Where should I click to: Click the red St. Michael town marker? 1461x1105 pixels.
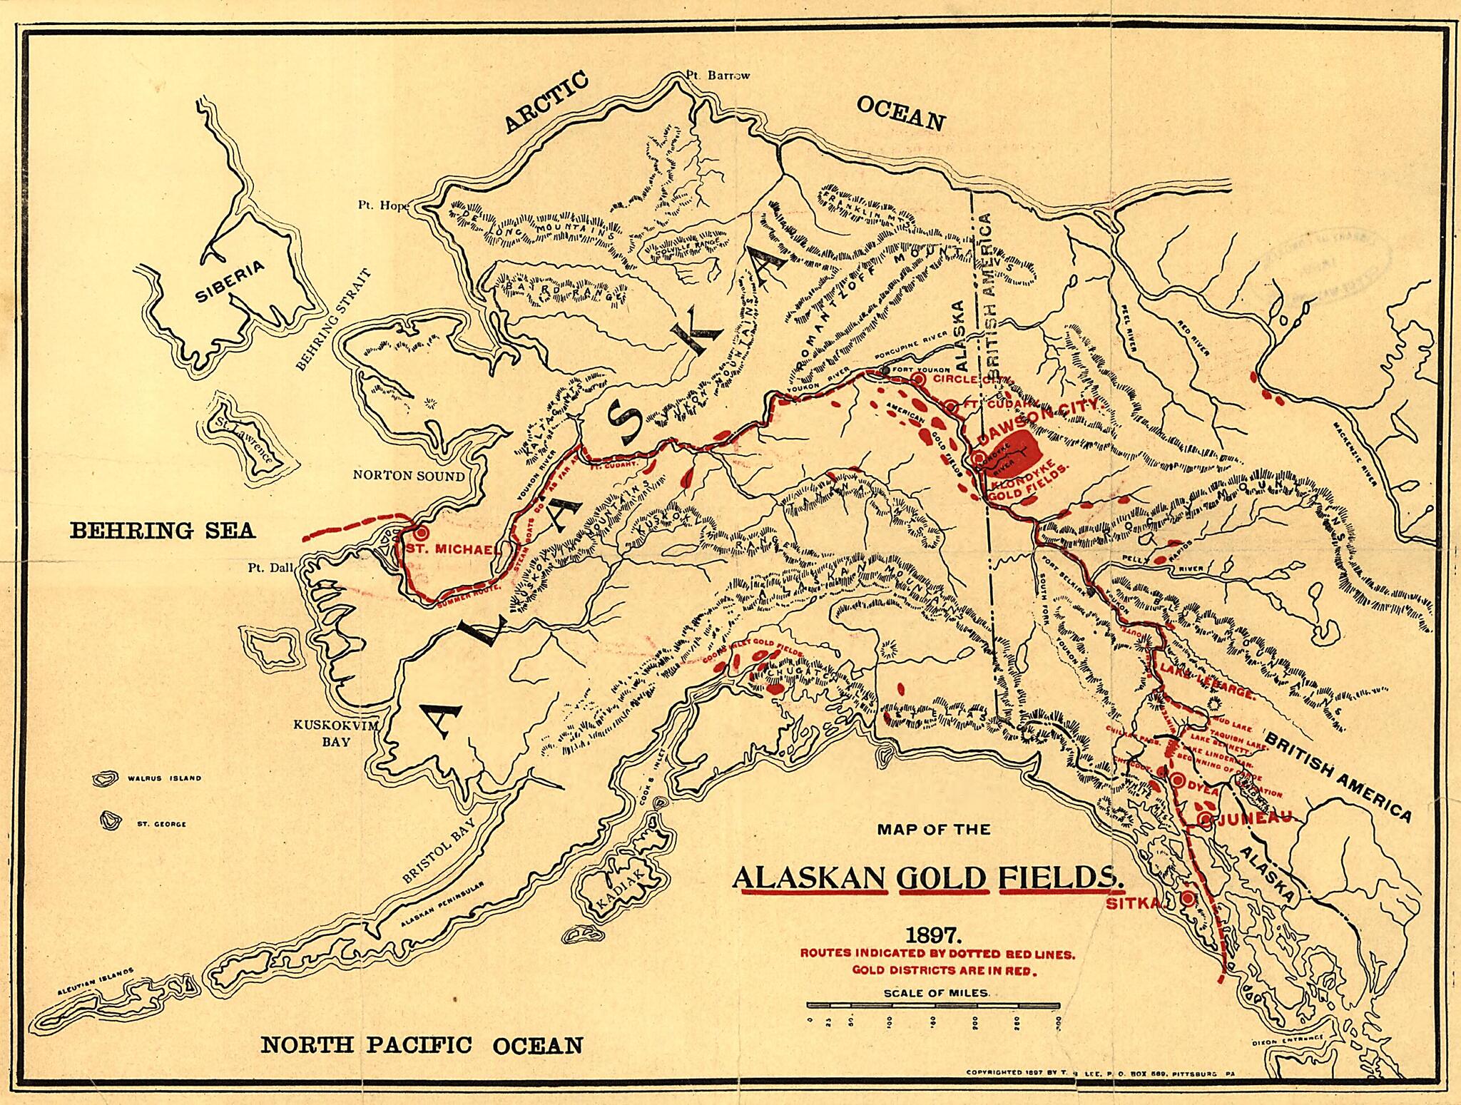420,532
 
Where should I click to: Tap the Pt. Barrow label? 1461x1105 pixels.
718,75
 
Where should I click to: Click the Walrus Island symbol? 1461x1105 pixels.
106,779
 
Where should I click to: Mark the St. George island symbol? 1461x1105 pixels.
111,821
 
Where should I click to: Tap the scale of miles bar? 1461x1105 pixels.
935,1005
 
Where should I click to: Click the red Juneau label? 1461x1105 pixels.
1252,820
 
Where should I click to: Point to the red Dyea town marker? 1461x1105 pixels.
1177,778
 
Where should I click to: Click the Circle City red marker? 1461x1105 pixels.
919,380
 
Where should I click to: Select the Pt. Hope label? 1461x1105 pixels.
384,205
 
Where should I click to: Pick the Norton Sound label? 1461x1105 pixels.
409,476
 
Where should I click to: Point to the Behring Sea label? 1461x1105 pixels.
162,530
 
